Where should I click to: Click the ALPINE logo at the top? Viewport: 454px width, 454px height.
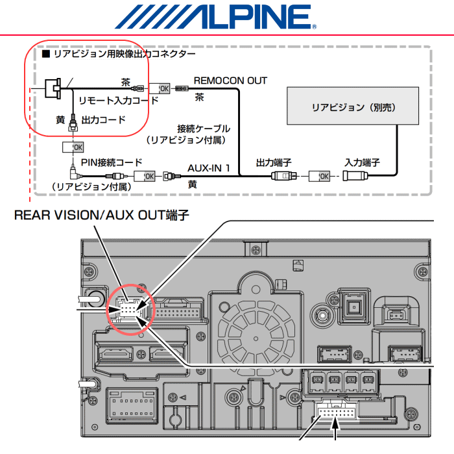pos(216,17)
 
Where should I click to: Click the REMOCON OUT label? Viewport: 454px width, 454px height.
pos(230,81)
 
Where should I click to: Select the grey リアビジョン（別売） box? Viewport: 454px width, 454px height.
pos(353,106)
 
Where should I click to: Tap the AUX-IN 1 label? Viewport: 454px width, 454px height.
pos(209,168)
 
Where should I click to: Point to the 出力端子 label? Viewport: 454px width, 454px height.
pos(274,162)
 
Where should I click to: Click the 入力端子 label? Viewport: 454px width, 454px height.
pos(362,162)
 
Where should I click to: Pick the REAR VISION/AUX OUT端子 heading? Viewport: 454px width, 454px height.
pos(102,216)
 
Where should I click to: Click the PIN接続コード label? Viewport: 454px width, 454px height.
pos(112,162)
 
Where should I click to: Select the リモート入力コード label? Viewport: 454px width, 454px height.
pos(119,101)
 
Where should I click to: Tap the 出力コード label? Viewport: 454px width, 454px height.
pos(103,120)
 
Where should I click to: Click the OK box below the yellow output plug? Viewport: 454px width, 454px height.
pos(73,147)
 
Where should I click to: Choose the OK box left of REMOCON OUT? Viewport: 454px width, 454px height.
pos(160,88)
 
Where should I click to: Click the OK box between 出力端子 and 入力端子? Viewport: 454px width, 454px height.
pos(319,176)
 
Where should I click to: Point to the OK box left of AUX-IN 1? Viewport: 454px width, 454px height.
pos(145,176)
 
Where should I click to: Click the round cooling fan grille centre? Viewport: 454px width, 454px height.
pos(256,338)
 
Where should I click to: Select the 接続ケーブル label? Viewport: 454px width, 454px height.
pos(204,129)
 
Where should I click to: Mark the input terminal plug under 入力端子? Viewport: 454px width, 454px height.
pos(355,176)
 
